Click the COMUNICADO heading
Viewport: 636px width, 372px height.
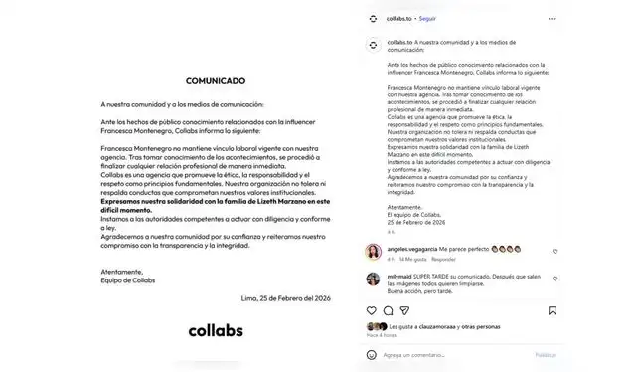coord(216,79)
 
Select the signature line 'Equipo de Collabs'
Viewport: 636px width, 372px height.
coord(128,279)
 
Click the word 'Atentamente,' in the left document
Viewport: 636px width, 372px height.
coord(122,271)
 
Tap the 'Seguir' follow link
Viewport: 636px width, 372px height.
coord(427,18)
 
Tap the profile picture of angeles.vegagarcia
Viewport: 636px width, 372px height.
coord(373,250)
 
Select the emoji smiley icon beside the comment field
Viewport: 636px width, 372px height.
coord(373,354)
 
